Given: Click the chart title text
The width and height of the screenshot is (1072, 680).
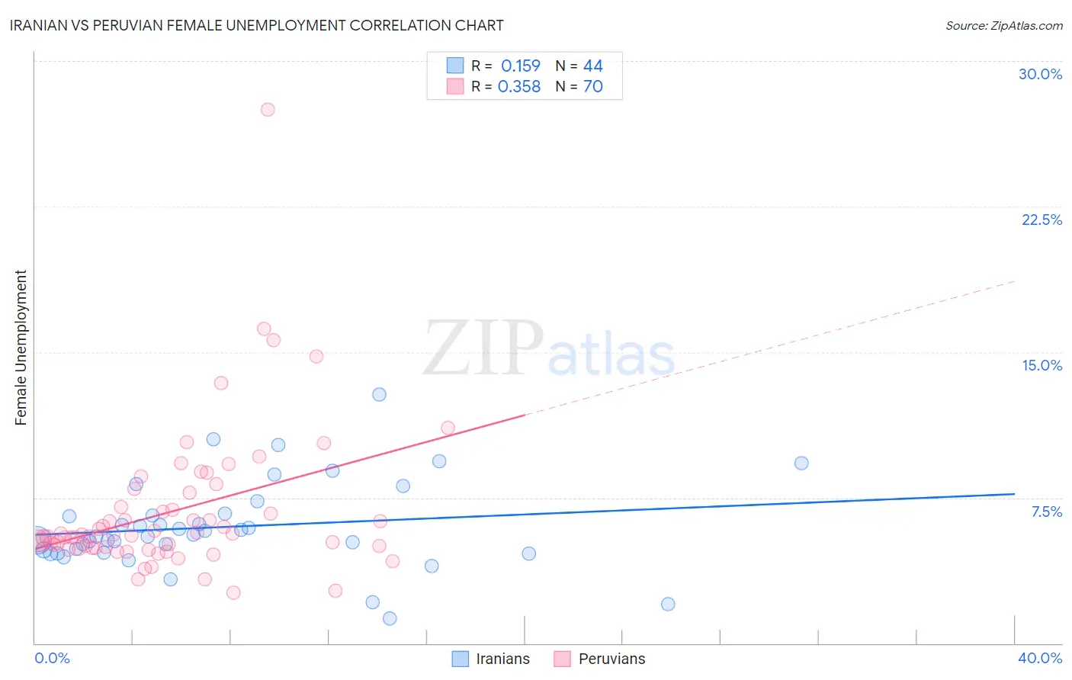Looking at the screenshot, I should [256, 25].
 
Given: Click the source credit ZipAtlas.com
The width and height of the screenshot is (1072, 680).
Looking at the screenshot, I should [1003, 25].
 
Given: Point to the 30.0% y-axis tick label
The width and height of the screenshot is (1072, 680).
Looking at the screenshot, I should [1040, 74].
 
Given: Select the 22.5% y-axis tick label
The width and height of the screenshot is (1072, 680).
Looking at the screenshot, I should [1042, 220].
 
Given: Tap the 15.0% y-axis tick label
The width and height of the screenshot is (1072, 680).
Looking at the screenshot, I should [1042, 365].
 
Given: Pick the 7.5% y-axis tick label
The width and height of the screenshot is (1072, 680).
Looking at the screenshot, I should [1046, 512].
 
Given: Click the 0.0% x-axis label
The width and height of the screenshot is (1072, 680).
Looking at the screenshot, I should [52, 658].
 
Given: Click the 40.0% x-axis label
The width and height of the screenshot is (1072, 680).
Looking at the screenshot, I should [1039, 658].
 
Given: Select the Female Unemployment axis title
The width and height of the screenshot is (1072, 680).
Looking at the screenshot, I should [21, 348].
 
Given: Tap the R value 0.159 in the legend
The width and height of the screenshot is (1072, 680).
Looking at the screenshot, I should [520, 66].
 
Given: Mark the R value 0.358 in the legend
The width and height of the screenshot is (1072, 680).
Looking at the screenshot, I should [518, 87].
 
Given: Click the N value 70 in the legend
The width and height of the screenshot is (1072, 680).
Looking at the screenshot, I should [592, 87].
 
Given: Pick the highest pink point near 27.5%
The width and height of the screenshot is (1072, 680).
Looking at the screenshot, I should [268, 109].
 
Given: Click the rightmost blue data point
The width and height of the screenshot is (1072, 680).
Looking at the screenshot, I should [801, 463].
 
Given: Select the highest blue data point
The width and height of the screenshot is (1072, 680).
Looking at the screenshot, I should [379, 394].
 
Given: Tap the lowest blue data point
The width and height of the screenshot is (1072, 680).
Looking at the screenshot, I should [390, 618].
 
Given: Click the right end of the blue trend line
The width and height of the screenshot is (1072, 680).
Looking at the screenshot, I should [1014, 494].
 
